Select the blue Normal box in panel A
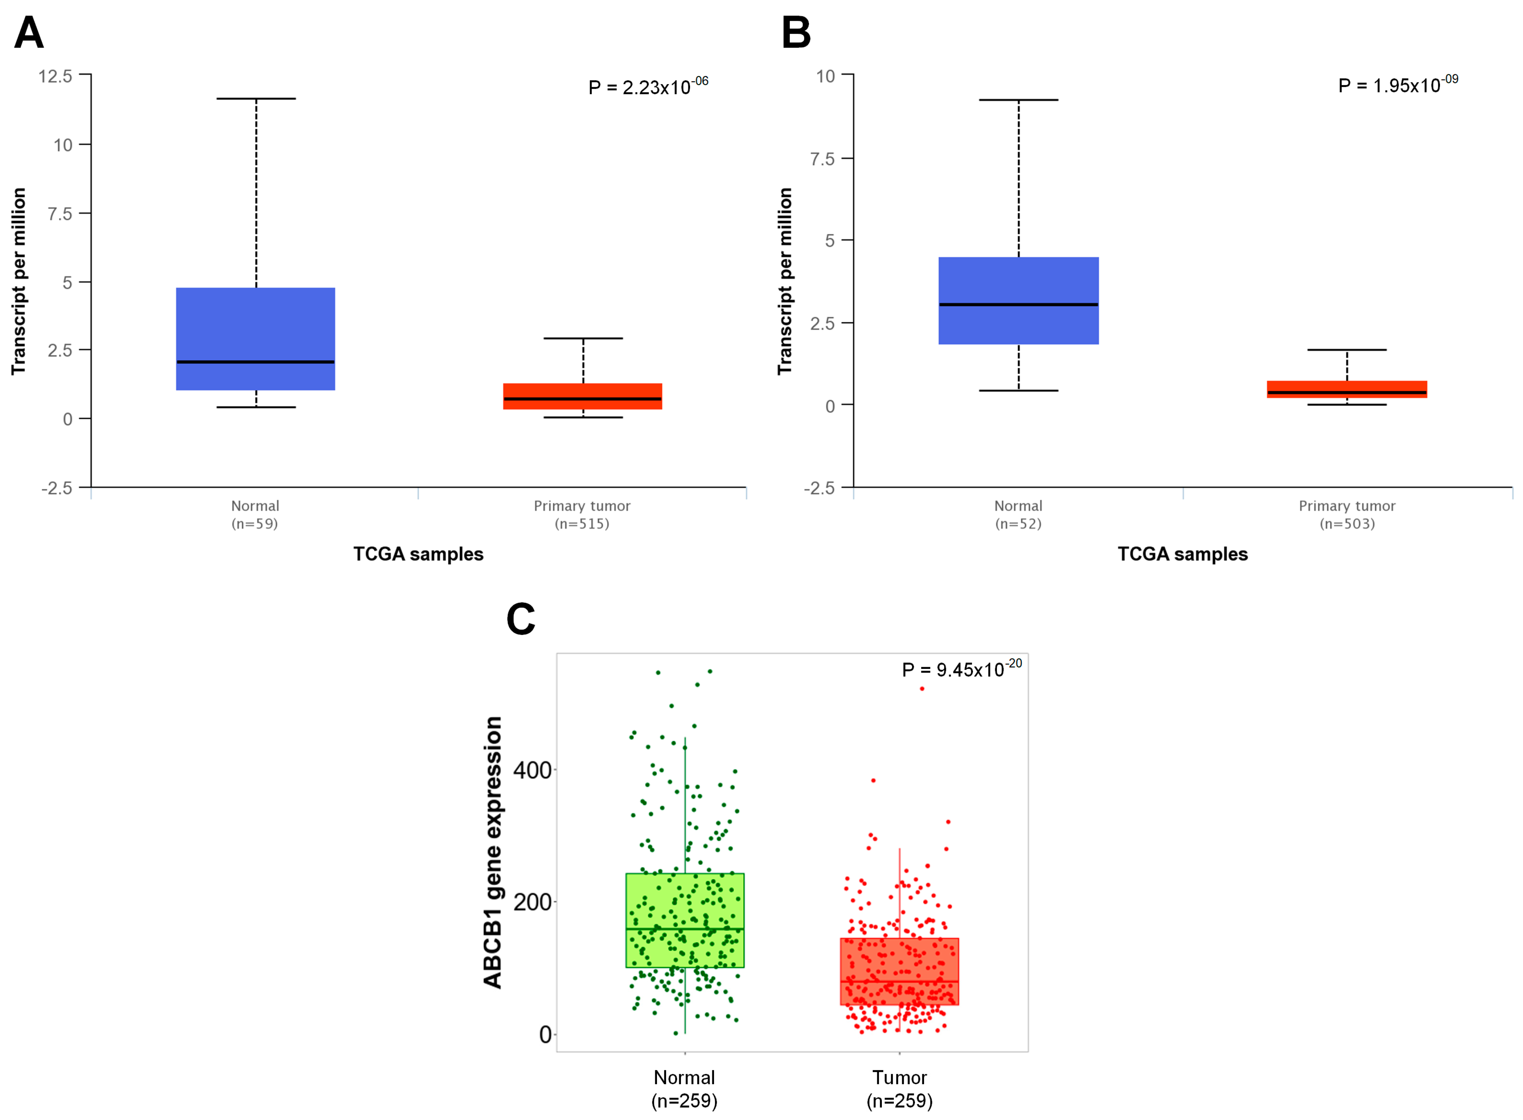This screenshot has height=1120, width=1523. point(255,325)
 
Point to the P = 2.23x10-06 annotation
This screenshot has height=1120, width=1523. point(647,87)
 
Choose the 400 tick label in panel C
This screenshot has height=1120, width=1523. point(532,770)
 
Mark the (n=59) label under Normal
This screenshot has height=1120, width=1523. point(255,523)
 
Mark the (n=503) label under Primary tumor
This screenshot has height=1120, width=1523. point(1347,523)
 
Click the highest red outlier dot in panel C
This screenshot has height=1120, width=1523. point(922,689)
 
